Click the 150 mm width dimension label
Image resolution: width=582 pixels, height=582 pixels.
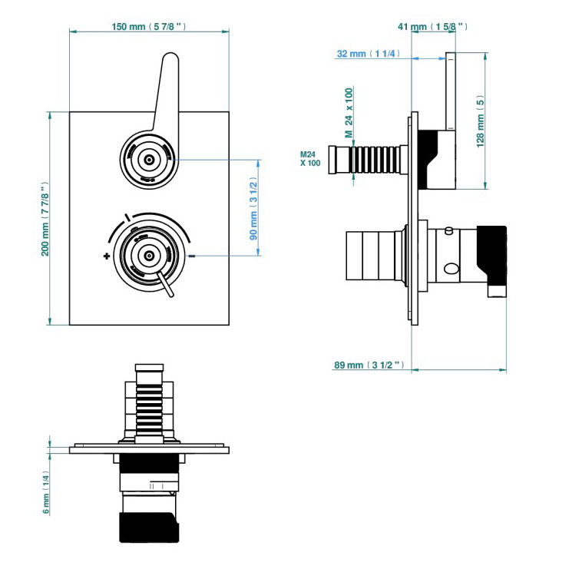(x=148, y=27)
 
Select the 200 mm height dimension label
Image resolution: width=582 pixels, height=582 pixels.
(x=45, y=220)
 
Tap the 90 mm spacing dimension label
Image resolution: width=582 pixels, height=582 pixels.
(x=253, y=207)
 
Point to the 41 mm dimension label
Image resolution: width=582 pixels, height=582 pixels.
(x=433, y=27)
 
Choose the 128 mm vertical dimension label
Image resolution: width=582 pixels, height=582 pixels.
(x=481, y=121)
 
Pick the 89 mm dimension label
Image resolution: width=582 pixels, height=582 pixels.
(x=368, y=365)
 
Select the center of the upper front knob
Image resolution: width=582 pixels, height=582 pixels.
(x=149, y=160)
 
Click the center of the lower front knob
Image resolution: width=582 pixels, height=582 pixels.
(x=149, y=255)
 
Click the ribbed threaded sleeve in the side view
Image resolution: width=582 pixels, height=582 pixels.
(x=374, y=160)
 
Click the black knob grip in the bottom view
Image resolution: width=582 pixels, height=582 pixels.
(x=149, y=527)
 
